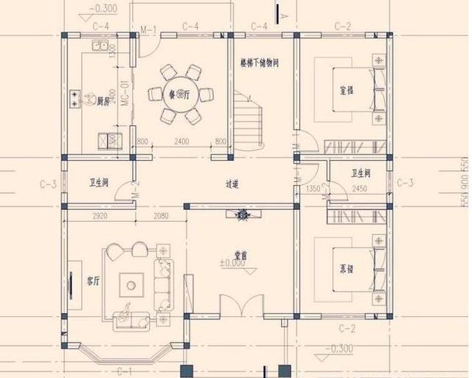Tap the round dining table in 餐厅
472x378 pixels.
click(181, 96)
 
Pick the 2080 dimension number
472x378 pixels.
click(162, 216)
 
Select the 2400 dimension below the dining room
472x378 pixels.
click(181, 141)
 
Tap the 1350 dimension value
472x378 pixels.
click(312, 189)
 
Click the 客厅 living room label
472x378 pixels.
click(94, 281)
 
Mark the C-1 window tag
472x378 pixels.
click(124, 371)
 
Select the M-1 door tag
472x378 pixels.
click(148, 29)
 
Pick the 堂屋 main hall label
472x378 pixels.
click(240, 255)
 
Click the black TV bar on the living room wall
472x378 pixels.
click(72, 284)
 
